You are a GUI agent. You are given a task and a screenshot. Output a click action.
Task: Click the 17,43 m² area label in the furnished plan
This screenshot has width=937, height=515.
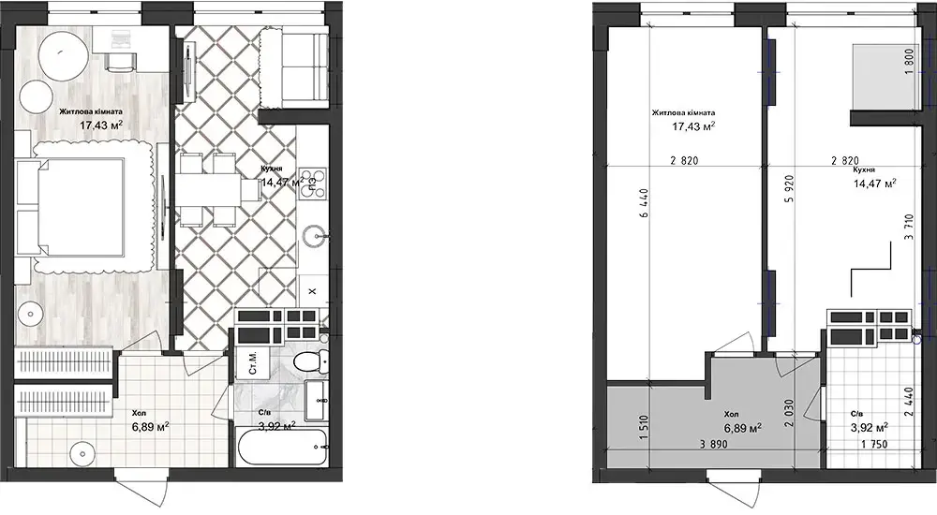tap(101, 125)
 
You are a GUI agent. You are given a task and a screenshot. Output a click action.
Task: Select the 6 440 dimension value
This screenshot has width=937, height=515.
tap(643, 212)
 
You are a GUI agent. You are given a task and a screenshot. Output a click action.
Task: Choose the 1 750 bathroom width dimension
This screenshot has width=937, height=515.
tap(874, 444)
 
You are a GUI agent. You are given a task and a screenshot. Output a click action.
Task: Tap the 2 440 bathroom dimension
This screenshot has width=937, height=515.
tap(908, 402)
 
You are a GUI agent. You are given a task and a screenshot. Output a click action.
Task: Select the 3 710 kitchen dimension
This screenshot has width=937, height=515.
tap(909, 228)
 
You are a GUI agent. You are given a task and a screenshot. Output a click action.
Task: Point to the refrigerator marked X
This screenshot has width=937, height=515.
tap(311, 291)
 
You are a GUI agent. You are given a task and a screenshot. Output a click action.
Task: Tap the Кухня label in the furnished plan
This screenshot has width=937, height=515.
tap(272, 169)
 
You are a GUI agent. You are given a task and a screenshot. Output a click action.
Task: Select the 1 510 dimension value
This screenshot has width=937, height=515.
tap(643, 427)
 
